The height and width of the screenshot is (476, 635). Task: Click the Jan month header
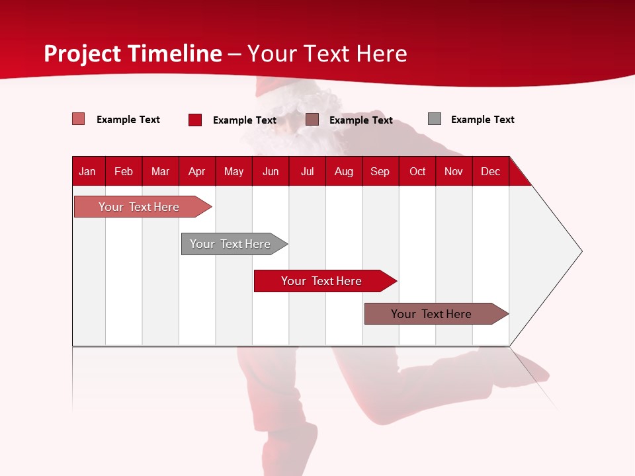(x=87, y=171)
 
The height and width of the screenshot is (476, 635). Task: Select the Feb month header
(x=124, y=171)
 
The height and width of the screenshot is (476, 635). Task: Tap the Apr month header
(x=196, y=171)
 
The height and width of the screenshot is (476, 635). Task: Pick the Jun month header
(x=271, y=171)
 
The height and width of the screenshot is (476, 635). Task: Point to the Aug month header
(x=343, y=171)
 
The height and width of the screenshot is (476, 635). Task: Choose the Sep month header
(x=380, y=171)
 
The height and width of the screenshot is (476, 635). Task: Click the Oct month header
(x=417, y=171)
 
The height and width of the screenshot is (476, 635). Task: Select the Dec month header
(x=490, y=171)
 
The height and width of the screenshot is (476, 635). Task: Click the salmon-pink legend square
(x=79, y=119)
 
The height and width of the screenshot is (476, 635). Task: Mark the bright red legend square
(x=195, y=120)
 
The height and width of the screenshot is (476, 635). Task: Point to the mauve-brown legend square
(x=312, y=119)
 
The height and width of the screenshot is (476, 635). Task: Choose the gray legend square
(x=435, y=119)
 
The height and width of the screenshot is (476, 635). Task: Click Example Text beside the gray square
(x=482, y=120)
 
